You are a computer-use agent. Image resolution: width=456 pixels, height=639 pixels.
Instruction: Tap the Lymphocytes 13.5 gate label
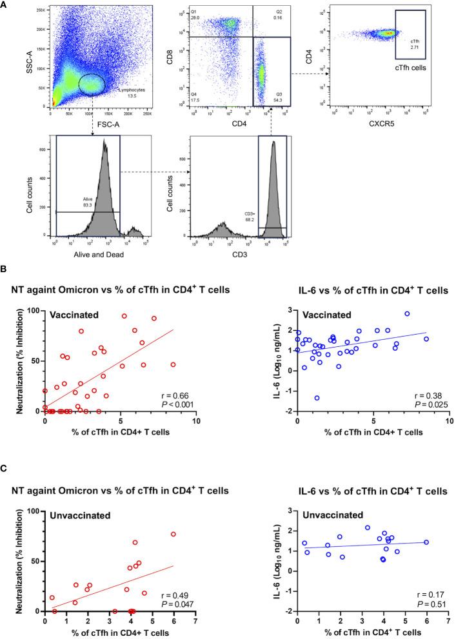(x=131, y=93)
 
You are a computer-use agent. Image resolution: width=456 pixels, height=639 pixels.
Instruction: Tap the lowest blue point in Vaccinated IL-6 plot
(x=317, y=398)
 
